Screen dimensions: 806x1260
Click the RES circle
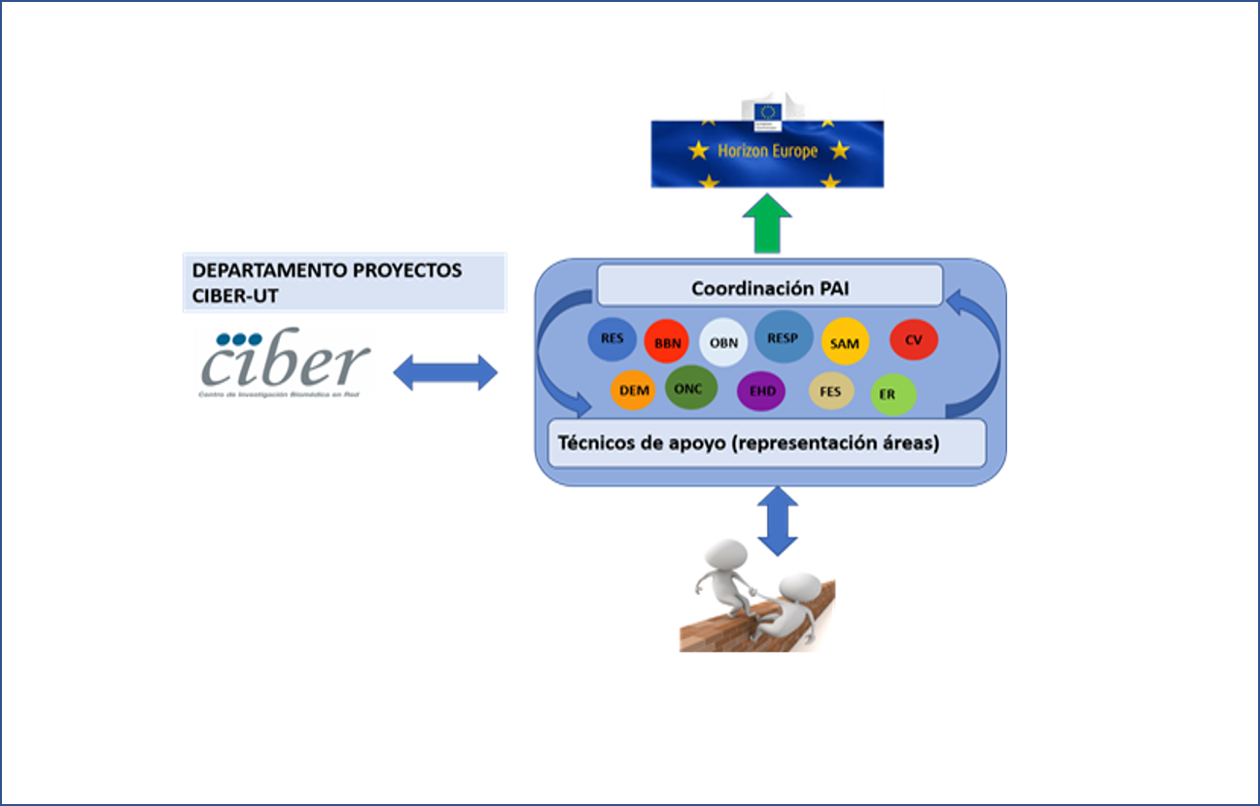pyautogui.click(x=612, y=339)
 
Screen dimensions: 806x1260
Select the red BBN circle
pyautogui.click(x=667, y=342)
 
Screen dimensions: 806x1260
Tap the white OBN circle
pyautogui.click(x=723, y=342)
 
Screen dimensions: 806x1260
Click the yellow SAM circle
pyautogui.click(x=845, y=343)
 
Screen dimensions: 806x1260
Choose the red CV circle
pyautogui.click(x=914, y=340)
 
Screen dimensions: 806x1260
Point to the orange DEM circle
pyautogui.click(x=635, y=391)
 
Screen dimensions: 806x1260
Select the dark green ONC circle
pyautogui.click(x=691, y=388)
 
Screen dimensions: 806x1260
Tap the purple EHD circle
pyautogui.click(x=762, y=392)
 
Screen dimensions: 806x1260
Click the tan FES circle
pyautogui.click(x=830, y=392)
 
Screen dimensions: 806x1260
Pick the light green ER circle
pyautogui.click(x=892, y=394)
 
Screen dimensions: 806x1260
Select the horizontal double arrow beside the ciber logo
pyautogui.click(x=444, y=371)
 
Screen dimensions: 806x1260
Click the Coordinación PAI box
pyautogui.click(x=769, y=287)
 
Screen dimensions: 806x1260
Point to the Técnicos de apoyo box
pyautogui.click(x=767, y=443)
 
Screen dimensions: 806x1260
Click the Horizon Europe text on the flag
pyautogui.click(x=767, y=152)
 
